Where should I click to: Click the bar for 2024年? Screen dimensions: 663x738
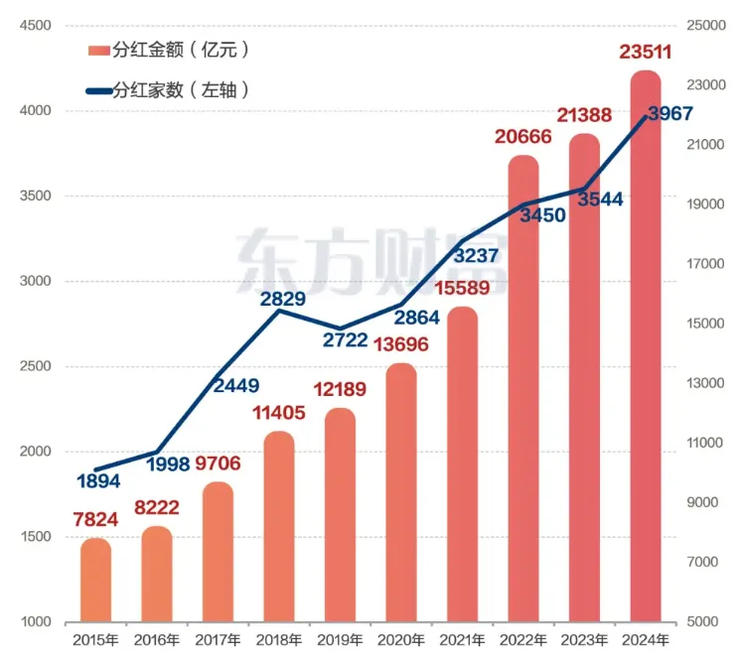646,347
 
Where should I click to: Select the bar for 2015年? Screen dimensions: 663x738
95,581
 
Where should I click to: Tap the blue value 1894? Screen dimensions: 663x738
97,481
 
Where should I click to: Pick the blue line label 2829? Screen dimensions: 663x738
282,298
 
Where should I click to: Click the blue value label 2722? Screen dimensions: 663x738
344,341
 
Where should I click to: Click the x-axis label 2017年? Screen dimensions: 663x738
218,640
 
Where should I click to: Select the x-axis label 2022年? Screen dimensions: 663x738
523,640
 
